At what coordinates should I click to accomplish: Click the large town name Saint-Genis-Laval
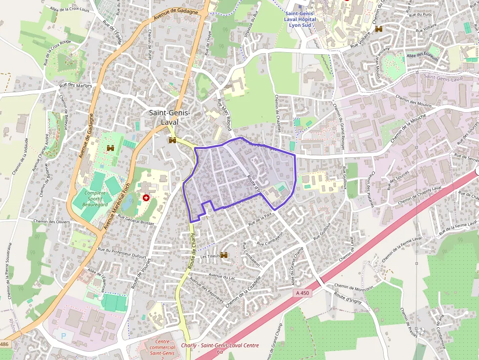[169, 117]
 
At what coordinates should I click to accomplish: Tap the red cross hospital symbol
[146, 197]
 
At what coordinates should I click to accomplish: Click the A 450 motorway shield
[303, 293]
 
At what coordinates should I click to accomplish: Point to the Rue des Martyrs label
[75, 85]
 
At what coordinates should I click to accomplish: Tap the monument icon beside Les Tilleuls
[224, 255]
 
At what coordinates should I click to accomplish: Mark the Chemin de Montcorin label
[353, 287]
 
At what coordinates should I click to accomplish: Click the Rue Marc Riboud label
[224, 114]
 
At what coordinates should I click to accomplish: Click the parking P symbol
[63, 336]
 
